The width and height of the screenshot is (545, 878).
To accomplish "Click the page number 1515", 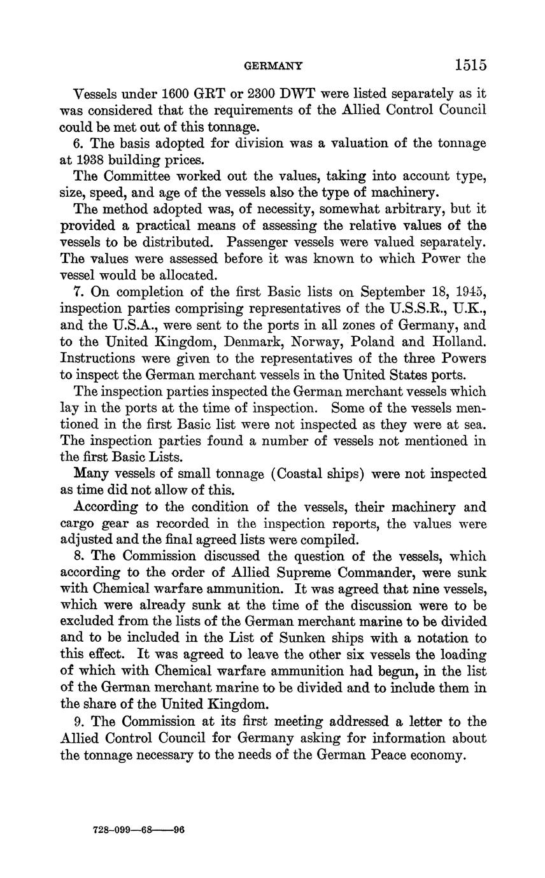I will [x=471, y=64].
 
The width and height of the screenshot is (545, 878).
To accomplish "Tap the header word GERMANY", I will [x=274, y=66].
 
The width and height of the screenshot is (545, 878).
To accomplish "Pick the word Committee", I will [x=133, y=176].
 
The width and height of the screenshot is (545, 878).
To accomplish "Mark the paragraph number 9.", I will [x=78, y=721].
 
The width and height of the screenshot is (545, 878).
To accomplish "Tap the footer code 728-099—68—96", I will [x=138, y=830].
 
